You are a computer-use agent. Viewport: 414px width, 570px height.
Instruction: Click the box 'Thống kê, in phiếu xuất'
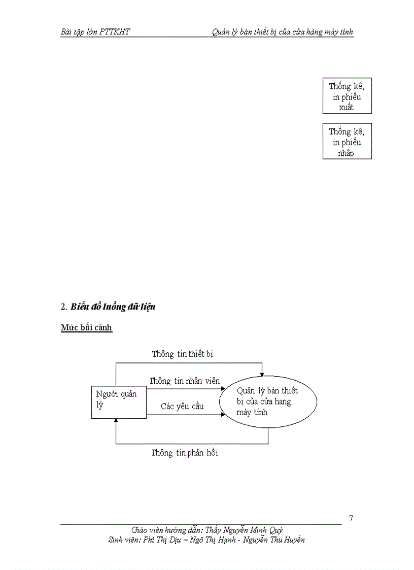tap(347, 96)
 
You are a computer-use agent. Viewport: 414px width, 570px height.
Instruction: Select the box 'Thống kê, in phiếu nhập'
tap(347, 141)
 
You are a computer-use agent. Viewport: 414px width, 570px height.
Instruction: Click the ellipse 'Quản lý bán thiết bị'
tap(268, 401)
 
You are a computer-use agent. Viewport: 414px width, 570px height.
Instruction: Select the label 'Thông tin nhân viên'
tap(185, 381)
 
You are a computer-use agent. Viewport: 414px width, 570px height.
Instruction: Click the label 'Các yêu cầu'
tap(182, 406)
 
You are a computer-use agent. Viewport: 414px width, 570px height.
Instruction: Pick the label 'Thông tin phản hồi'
tap(185, 453)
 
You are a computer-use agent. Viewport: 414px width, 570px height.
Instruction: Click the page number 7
tap(351, 518)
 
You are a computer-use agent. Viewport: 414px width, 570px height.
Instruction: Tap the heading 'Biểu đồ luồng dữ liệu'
tap(113, 307)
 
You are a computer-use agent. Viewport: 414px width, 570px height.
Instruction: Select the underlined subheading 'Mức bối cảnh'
tap(86, 328)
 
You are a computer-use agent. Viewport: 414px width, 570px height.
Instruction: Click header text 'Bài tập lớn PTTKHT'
tap(95, 32)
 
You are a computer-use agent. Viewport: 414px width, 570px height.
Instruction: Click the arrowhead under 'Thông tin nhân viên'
tap(223, 389)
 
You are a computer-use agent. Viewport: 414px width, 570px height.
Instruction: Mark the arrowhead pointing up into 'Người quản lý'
tap(116, 421)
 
